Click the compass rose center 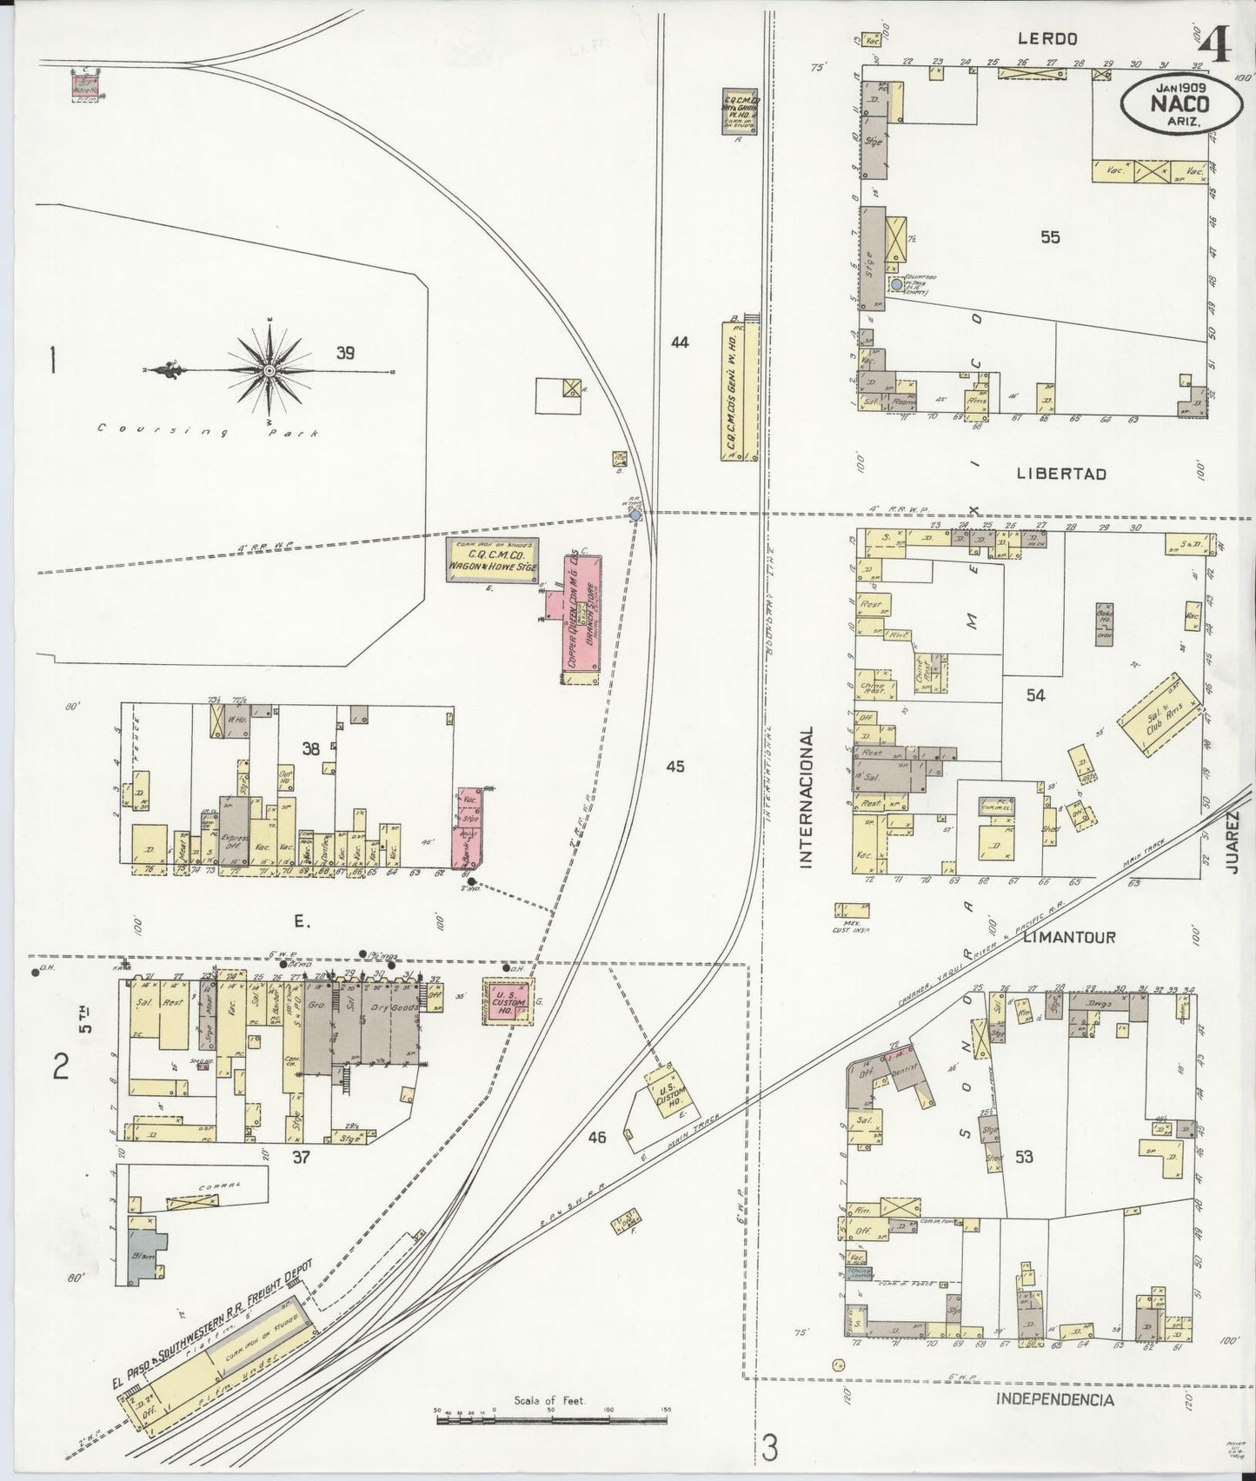(269, 371)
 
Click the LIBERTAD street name (1060, 474)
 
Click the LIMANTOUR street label (1068, 937)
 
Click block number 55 (1050, 236)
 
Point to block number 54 (1034, 694)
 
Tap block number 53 (1024, 1156)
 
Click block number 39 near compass (345, 353)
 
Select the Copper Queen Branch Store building (578, 616)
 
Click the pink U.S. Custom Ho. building (508, 1003)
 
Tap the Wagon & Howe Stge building (493, 560)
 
